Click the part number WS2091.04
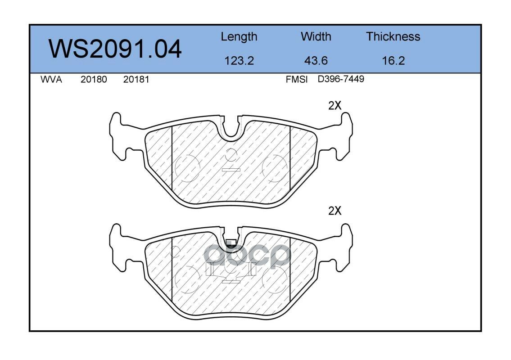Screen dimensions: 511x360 click(115, 49)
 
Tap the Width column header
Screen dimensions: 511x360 click(316, 36)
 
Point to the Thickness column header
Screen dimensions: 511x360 click(393, 36)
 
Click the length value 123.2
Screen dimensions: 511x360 click(239, 61)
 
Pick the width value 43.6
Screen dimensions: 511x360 click(316, 61)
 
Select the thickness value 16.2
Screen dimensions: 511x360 click(393, 61)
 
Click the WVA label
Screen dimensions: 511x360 click(51, 80)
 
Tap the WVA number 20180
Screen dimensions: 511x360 click(94, 80)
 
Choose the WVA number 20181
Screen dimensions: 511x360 click(136, 80)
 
